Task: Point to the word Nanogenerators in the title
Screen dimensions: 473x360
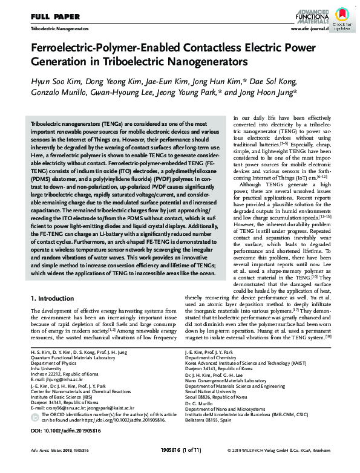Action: (x=209, y=62)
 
